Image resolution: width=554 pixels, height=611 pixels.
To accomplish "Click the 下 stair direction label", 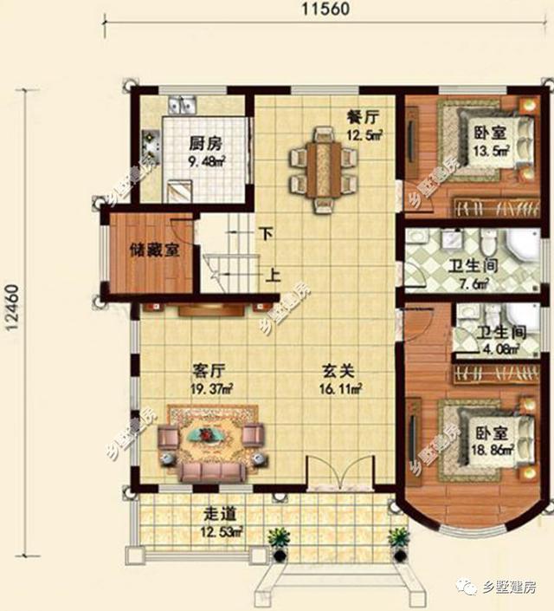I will tap(267, 233).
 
